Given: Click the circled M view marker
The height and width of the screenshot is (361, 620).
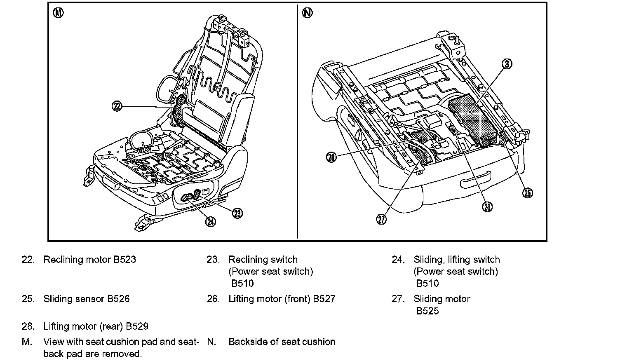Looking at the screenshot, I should click(x=59, y=13).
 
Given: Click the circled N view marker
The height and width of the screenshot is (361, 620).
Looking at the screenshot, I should click(x=307, y=13).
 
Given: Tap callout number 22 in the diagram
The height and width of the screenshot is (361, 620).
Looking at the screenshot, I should click(x=117, y=106).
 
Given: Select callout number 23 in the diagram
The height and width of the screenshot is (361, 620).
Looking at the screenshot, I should click(x=237, y=213).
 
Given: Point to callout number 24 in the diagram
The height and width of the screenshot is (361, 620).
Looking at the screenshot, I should click(x=211, y=222).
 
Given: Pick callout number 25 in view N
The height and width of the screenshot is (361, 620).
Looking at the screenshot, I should click(x=528, y=193).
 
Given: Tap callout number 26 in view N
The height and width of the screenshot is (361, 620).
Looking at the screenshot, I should click(x=487, y=206).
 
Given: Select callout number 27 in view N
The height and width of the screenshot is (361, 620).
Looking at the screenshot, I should click(x=382, y=219).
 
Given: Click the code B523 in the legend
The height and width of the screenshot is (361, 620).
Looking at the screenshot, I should click(x=124, y=260).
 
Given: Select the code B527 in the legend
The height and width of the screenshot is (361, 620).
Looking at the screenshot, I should click(x=324, y=299).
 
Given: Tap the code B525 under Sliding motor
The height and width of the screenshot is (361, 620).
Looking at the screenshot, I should click(x=427, y=311).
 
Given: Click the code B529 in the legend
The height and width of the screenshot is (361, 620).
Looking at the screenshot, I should click(x=137, y=326).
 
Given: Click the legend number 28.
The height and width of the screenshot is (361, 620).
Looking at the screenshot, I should click(x=28, y=326).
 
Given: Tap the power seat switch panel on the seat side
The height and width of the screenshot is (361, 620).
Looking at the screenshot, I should click(x=193, y=196).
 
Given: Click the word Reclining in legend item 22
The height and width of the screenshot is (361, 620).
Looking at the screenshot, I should click(x=63, y=260).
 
